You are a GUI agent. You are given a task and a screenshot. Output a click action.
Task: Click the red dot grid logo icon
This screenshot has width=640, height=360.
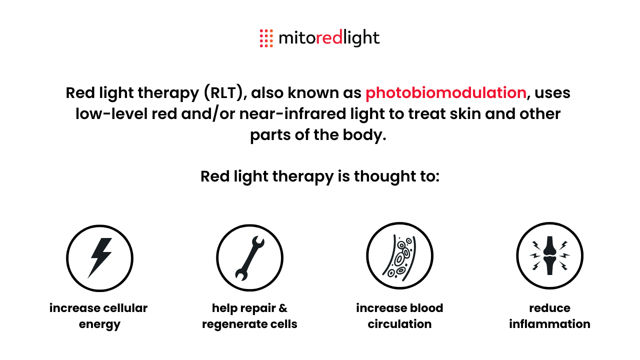click(x=266, y=38)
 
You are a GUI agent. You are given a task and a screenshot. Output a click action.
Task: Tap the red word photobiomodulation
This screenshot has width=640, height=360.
click(x=446, y=93)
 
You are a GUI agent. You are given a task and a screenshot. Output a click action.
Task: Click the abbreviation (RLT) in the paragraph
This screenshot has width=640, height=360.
click(x=223, y=93)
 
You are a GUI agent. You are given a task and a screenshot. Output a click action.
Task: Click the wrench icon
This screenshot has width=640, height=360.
click(x=249, y=258)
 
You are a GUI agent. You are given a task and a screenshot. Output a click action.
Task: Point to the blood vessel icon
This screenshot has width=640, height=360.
click(x=399, y=256)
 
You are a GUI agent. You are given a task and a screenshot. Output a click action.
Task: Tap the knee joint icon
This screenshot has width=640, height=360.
click(x=549, y=255)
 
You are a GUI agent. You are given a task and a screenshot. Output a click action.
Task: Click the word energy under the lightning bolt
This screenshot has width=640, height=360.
click(x=99, y=324)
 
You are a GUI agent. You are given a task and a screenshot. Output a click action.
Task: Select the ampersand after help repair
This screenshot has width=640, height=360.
click(x=282, y=308)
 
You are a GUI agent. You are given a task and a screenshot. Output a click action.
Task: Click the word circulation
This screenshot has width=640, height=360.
click(x=399, y=324)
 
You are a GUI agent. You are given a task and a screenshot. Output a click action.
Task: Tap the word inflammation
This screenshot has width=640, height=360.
click(x=549, y=324)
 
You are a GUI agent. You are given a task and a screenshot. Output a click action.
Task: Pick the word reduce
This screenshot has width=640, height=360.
click(x=549, y=308)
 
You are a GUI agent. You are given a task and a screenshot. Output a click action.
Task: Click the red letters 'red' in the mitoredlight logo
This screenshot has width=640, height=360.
click(x=329, y=37)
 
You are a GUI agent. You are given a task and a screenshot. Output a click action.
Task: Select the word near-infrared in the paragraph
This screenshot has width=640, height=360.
click(x=292, y=113)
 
